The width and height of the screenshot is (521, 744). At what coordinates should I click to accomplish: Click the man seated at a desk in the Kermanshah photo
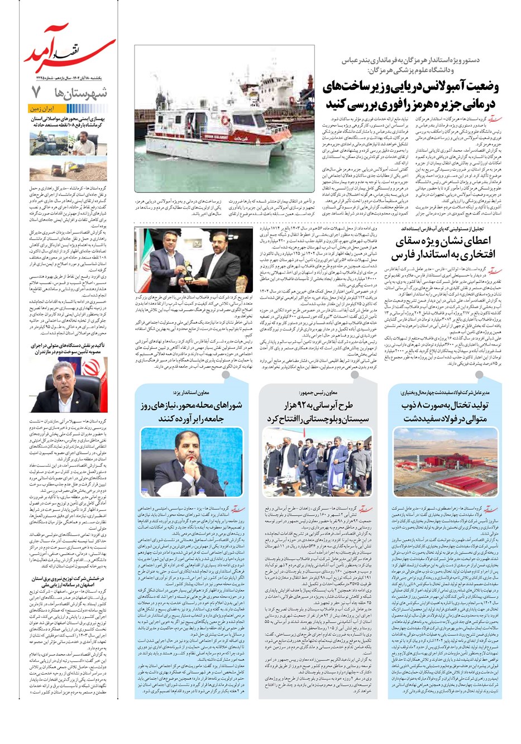point(84,146)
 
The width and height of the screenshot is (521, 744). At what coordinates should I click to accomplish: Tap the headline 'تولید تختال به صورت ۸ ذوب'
point(445,411)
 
